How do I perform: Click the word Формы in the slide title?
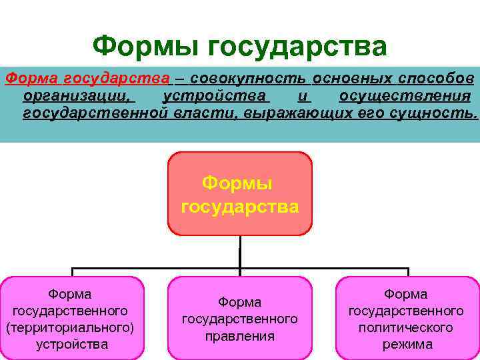coord(145,46)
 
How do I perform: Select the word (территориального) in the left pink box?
coord(71,328)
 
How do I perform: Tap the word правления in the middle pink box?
coord(239,336)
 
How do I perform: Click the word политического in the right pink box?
coord(407,328)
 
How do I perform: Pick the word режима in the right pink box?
coord(407,345)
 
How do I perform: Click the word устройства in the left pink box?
coord(71,345)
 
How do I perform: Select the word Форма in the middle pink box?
coord(239,303)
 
